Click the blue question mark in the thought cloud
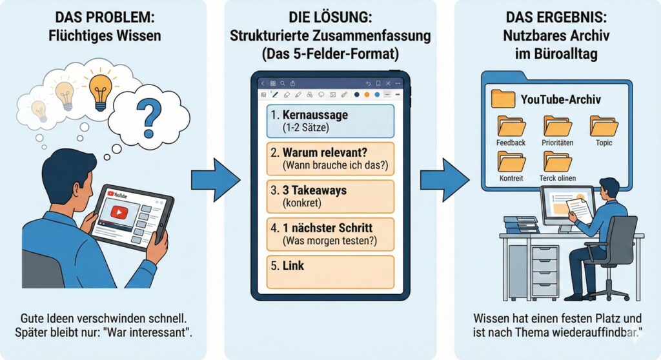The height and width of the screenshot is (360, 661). [x=149, y=117]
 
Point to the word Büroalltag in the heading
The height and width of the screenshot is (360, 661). [x=560, y=55]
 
